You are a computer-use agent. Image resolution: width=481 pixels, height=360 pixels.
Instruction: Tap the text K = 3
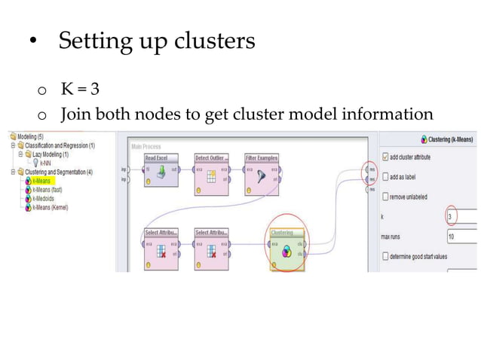click(x=80, y=90)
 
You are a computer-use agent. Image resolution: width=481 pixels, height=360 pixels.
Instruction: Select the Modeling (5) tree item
click(x=32, y=137)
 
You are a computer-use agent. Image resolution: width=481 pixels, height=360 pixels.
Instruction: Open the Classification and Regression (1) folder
click(x=60, y=145)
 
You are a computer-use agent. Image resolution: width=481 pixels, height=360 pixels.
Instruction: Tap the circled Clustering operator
click(x=286, y=249)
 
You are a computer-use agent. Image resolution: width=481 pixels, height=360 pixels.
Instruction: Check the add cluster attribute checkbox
click(x=387, y=157)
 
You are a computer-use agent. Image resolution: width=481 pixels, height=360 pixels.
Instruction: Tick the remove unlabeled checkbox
click(x=387, y=197)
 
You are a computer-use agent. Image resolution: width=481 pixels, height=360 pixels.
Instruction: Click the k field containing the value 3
click(x=461, y=217)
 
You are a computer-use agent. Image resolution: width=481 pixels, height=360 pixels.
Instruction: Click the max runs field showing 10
click(x=461, y=236)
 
